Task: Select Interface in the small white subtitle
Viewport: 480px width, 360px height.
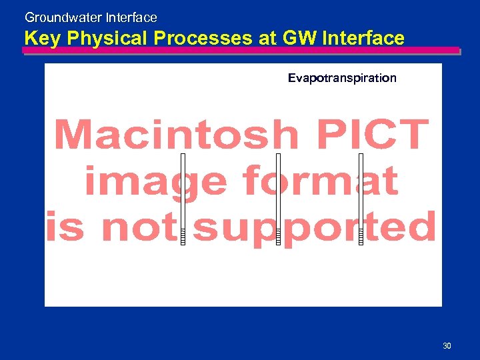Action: point(131,18)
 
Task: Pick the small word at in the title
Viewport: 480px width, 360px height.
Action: point(267,39)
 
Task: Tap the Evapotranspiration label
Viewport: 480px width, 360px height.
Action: point(342,79)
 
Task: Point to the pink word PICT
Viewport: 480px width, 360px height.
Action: point(373,135)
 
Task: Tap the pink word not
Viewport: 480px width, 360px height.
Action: point(141,227)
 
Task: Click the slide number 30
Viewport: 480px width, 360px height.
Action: point(447,345)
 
